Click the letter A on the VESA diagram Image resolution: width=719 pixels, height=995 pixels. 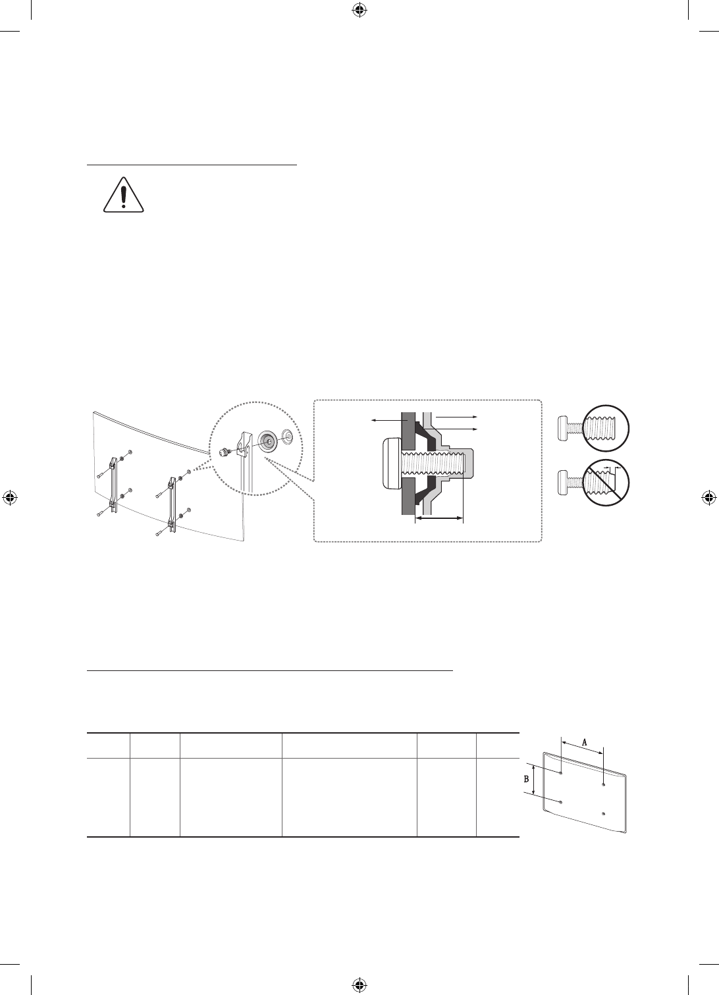(x=584, y=740)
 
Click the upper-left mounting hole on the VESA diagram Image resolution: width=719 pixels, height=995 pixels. (x=560, y=770)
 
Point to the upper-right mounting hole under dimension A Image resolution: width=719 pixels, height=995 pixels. (x=604, y=784)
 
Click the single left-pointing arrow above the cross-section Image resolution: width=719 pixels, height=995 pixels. (x=386, y=419)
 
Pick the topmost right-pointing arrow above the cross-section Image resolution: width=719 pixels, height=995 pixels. (x=455, y=417)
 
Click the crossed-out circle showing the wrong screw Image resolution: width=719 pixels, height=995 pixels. (x=606, y=481)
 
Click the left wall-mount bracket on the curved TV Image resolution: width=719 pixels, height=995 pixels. (x=113, y=483)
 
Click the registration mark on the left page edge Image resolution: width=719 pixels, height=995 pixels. (x=10, y=497)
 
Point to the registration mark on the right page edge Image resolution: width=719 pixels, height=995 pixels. (x=708, y=497)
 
